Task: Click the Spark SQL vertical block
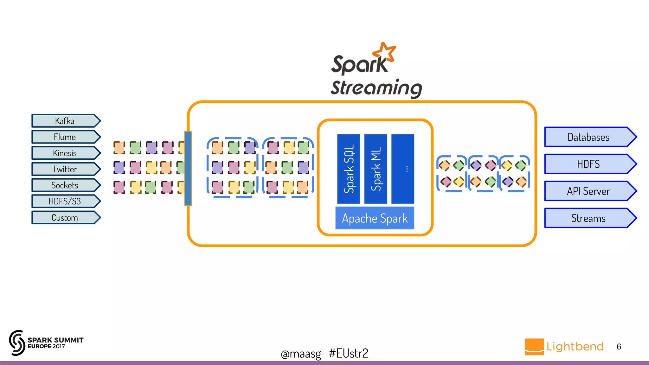[349, 169]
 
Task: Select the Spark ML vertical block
[376, 169]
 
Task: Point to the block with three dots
[403, 169]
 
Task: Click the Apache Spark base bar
[375, 218]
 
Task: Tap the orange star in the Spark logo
[385, 52]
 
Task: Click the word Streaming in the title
[376, 88]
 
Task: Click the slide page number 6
[619, 347]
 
